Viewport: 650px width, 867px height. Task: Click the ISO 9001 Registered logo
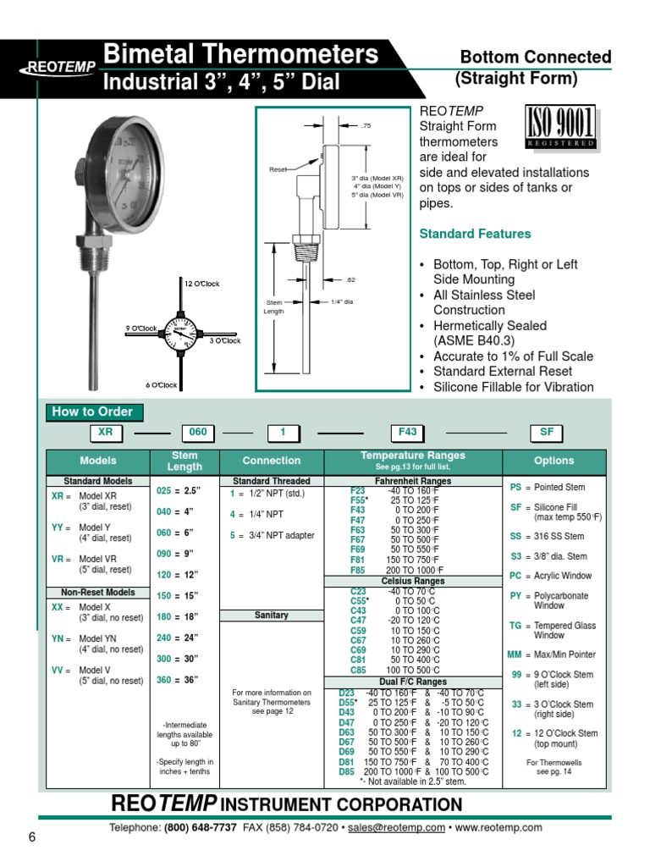560,127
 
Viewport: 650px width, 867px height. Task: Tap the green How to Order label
94,412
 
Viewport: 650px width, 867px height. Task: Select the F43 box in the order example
408,432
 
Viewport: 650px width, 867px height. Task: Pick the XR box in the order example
107,432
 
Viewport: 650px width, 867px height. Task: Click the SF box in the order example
547,432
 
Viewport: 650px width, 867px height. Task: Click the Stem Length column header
185,461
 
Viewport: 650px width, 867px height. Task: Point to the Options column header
554,461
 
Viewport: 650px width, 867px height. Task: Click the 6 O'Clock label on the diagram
161,385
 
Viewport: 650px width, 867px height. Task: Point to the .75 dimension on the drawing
366,125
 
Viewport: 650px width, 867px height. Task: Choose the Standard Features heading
476,234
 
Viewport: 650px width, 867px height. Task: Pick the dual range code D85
346,772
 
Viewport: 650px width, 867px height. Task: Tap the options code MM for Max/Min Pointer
515,654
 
